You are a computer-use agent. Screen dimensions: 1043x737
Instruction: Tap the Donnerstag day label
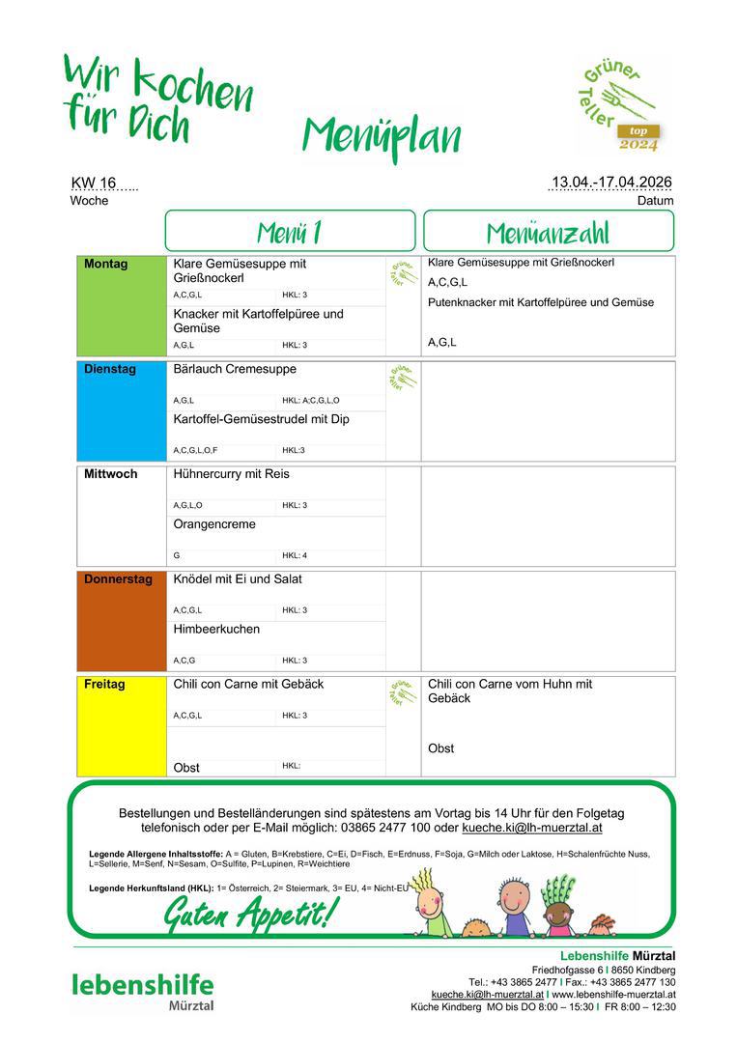(118, 579)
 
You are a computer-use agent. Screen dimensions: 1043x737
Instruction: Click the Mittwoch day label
(110, 474)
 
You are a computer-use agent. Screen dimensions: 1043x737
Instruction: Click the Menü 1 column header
(290, 232)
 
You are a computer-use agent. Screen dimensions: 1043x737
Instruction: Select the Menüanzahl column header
(548, 232)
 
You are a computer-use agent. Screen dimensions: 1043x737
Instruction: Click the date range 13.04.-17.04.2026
(610, 183)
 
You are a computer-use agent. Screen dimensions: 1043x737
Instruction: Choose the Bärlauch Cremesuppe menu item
(235, 369)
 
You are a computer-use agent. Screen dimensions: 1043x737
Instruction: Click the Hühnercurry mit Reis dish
(231, 474)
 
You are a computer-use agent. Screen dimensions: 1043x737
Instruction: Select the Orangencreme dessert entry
(214, 524)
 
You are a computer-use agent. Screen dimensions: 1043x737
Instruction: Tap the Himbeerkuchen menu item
(216, 629)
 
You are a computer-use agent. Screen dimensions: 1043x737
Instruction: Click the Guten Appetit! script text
(251, 910)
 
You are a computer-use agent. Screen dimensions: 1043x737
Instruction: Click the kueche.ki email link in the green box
(532, 828)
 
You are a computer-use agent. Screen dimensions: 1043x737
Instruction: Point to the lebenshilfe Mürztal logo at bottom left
(143, 990)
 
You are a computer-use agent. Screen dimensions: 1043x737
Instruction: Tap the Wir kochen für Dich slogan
(156, 99)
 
